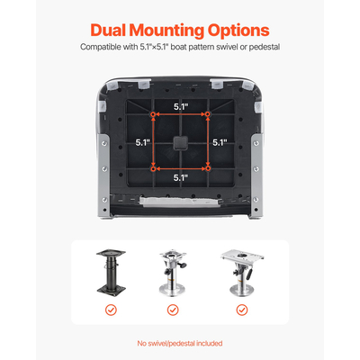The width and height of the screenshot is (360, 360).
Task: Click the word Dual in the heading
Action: tap(108, 30)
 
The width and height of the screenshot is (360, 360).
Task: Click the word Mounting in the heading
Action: tap(166, 31)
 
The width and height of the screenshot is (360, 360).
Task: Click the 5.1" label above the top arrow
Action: tap(181, 107)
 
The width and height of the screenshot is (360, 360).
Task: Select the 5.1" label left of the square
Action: tap(143, 142)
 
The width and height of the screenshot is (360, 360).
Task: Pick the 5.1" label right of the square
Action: tap(220, 142)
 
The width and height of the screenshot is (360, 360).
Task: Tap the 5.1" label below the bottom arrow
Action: tap(181, 178)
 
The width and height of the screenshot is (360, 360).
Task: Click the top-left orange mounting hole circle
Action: tap(153, 114)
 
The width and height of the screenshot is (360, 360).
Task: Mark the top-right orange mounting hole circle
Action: tap(208, 114)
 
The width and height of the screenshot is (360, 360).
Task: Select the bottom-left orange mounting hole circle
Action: tap(153, 169)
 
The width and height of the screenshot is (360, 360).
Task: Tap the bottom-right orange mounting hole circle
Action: tap(208, 169)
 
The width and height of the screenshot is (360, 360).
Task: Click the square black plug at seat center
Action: tap(181, 142)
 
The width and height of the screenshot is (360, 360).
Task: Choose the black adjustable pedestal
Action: tap(111, 273)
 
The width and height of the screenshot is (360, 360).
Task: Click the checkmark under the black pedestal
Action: tap(111, 310)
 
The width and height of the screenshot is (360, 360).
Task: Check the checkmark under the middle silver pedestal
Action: tap(173, 310)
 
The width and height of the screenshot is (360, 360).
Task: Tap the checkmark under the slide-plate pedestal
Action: tap(242, 310)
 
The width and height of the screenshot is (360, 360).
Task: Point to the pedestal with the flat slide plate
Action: tap(242, 273)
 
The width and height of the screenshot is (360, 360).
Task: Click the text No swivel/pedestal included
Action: tap(180, 343)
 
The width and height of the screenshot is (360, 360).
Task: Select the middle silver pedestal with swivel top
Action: tap(173, 274)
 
